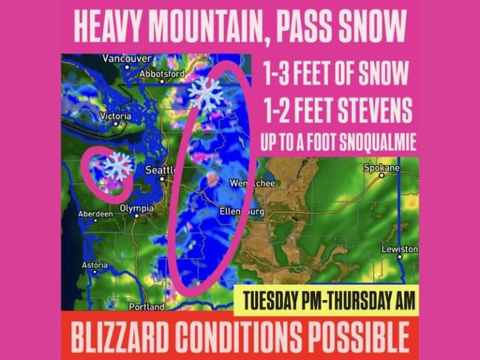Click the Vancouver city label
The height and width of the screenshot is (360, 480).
point(127,59)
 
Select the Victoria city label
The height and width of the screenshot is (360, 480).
point(116,117)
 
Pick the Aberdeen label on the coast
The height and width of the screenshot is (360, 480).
point(94,214)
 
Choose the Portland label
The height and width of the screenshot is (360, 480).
point(146,307)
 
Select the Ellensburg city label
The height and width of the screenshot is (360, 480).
point(242,212)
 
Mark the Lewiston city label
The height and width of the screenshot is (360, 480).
point(400,249)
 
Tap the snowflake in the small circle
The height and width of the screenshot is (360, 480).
point(117,166)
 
